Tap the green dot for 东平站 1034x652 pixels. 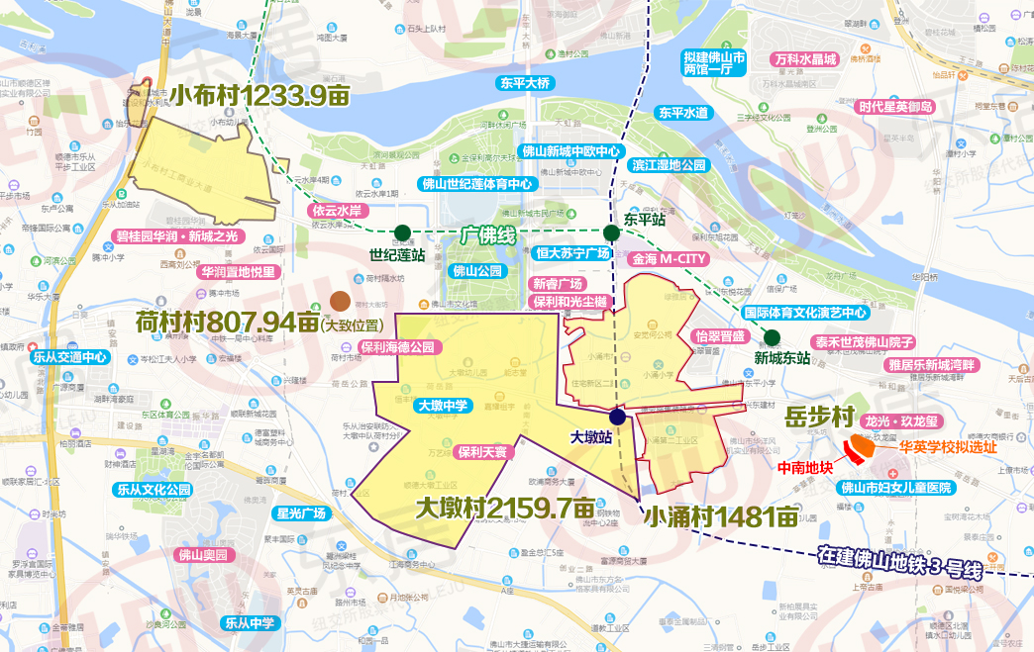coord(612,233)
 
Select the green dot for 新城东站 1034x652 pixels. coord(772,337)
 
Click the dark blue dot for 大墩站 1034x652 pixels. coord(617,417)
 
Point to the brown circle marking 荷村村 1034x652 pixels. coord(340,302)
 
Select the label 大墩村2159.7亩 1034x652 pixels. coord(505,508)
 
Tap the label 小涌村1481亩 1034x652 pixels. coord(720,515)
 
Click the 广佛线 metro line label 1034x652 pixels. coord(489,235)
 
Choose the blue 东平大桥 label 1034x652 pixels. coord(525,83)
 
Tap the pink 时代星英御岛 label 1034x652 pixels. coord(895,107)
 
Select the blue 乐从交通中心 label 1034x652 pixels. coord(69,357)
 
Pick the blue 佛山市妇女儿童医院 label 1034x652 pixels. coord(895,487)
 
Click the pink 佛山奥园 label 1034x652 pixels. coord(202,555)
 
